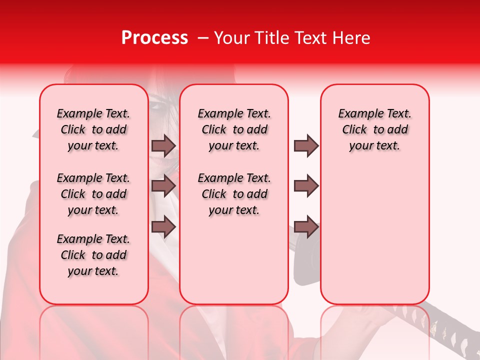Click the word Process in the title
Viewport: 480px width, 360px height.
coord(154,38)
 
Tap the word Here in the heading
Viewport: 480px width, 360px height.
coord(352,38)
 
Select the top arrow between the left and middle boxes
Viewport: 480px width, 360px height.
coord(163,145)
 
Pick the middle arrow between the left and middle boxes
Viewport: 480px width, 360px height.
coord(163,185)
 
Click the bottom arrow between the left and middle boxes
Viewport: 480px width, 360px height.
coord(163,226)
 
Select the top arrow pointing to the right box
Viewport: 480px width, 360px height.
coord(306,145)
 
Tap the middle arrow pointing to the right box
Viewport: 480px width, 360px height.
coord(306,185)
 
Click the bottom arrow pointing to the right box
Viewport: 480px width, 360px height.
coord(306,226)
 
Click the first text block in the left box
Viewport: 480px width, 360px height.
coord(93,129)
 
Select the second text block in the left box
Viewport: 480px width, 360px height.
coord(93,194)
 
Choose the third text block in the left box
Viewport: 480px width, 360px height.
coord(93,255)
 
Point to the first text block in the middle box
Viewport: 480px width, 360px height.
coord(234,129)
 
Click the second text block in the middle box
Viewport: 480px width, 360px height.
coord(234,194)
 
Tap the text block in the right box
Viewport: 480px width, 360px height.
coord(375,129)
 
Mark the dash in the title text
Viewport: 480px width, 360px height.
coord(203,38)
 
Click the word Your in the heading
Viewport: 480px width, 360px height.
coord(232,38)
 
